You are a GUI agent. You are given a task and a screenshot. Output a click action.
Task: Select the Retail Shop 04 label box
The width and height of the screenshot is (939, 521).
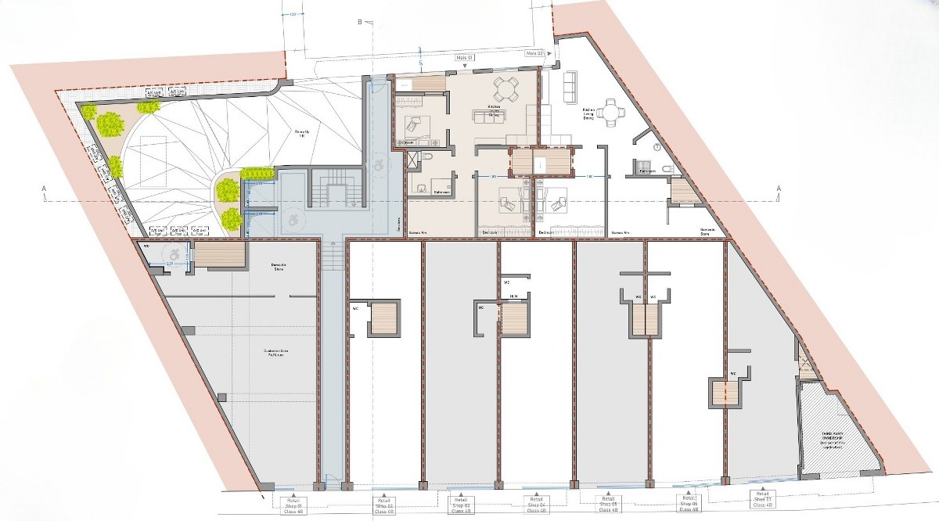tap(536, 505)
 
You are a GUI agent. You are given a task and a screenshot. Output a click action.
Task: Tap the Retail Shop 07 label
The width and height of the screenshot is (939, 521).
tap(762, 500)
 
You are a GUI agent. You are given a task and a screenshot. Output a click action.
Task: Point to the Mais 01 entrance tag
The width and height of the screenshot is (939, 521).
tap(465, 58)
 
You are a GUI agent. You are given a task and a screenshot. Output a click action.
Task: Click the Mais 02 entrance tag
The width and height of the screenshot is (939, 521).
tap(535, 53)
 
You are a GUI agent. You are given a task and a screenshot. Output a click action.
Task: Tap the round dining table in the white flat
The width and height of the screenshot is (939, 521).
tap(610, 113)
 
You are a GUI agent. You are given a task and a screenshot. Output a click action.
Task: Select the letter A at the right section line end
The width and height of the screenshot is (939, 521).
tap(779, 188)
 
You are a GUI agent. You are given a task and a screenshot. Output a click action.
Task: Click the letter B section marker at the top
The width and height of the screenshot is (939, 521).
tap(359, 23)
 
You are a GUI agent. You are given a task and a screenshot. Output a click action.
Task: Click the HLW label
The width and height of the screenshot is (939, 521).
tap(514, 296)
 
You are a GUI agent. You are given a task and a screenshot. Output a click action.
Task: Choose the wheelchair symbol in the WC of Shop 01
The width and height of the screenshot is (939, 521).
tap(173, 253)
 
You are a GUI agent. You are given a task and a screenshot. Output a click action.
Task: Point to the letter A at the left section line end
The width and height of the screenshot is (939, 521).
tap(45, 189)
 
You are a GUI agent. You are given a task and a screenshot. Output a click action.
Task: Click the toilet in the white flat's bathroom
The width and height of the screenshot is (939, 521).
tap(665, 169)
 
